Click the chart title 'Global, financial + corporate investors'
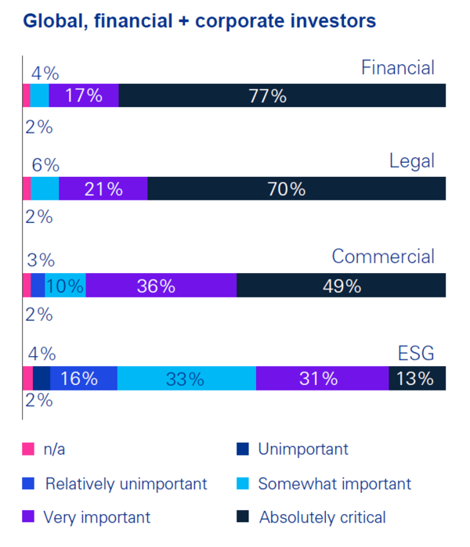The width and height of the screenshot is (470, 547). click(x=199, y=21)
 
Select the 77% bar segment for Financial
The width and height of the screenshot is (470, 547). click(x=282, y=96)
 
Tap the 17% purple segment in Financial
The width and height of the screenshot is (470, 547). click(x=84, y=96)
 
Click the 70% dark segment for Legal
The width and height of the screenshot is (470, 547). click(x=296, y=189)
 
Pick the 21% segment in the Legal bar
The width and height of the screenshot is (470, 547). click(x=103, y=189)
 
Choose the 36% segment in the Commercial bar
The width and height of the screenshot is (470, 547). click(x=161, y=286)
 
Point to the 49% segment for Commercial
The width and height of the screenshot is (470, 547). click(x=341, y=286)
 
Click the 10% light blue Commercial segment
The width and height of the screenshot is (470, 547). click(x=65, y=286)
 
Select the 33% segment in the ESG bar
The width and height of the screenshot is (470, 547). click(x=186, y=379)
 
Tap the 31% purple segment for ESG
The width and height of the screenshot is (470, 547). click(x=322, y=379)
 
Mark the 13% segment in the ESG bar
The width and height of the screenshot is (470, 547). click(x=417, y=379)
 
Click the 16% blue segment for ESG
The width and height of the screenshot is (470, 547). click(x=83, y=379)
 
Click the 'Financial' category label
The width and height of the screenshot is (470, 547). click(x=397, y=68)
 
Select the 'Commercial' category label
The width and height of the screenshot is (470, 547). click(x=383, y=257)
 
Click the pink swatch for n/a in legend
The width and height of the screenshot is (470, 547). click(x=29, y=449)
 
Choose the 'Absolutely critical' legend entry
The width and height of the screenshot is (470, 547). click(x=322, y=517)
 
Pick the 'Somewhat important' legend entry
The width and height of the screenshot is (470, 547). click(x=334, y=484)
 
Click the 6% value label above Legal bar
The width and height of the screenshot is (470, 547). click(x=45, y=166)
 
